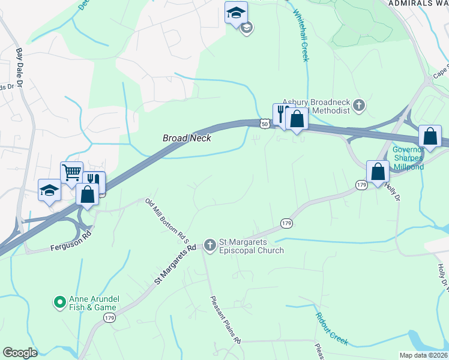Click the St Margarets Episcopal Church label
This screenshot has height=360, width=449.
click(x=251, y=246)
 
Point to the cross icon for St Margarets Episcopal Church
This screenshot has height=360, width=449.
click(x=209, y=245)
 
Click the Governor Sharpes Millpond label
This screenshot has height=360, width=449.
click(x=409, y=158)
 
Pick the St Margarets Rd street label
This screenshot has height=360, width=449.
click(x=176, y=264)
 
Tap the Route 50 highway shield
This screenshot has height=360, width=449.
click(x=265, y=123)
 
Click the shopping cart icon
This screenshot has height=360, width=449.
click(x=71, y=172)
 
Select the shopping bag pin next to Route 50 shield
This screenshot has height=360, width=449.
click(x=297, y=118)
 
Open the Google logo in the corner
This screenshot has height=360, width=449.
click(x=20, y=353)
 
